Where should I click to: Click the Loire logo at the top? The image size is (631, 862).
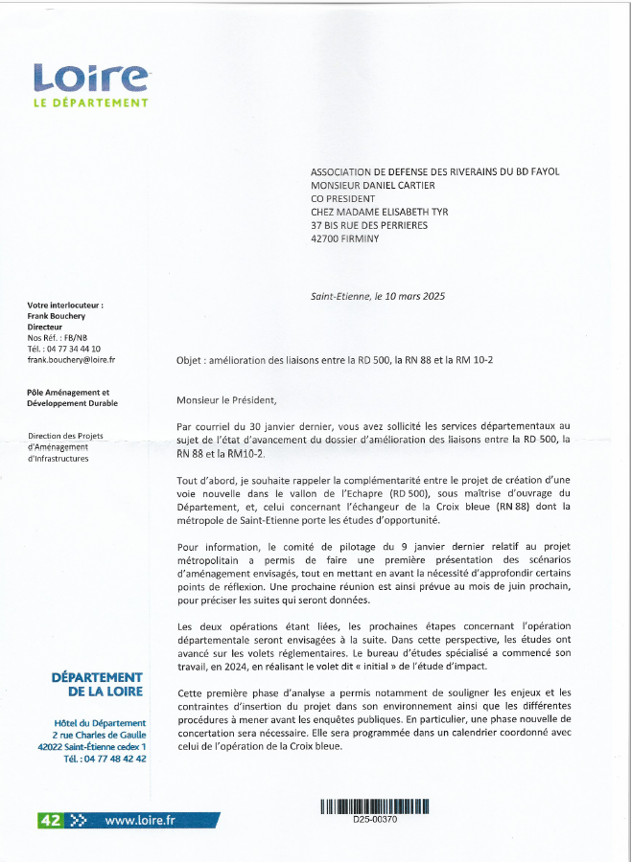coord(90,76)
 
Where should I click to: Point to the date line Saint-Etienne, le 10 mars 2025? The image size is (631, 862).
coord(378,297)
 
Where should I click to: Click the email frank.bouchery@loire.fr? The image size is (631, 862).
coord(71,360)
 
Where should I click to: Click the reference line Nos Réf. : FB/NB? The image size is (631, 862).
coord(58,337)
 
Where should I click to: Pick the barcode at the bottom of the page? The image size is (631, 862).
coord(374,806)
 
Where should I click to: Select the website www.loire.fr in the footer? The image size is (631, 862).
coord(140,820)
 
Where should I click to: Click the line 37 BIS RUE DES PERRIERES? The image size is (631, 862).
coord(369,225)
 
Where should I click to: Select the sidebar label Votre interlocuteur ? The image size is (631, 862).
coord(65,305)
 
